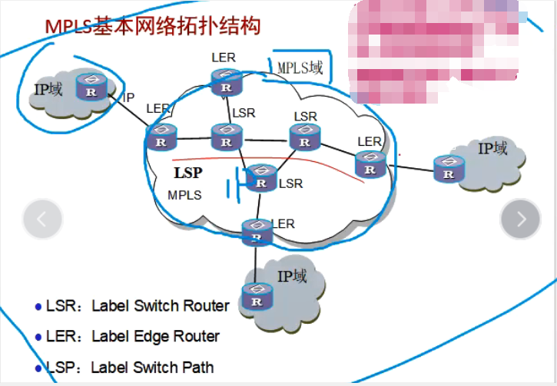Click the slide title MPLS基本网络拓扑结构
pos(152,25)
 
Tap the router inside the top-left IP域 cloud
pos(91,88)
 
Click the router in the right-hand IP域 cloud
pos(449,169)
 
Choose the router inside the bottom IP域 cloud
pos(256,295)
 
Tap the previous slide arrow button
pos(42,219)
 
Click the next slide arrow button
pos(521,219)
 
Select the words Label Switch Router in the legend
pos(160,305)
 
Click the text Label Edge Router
pos(155,336)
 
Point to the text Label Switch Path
pos(152,367)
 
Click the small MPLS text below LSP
pos(184,195)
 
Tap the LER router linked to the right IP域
pos(370,163)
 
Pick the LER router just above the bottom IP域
pos(256,232)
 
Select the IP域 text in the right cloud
pos(492,148)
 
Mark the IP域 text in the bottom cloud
pos(292,275)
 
